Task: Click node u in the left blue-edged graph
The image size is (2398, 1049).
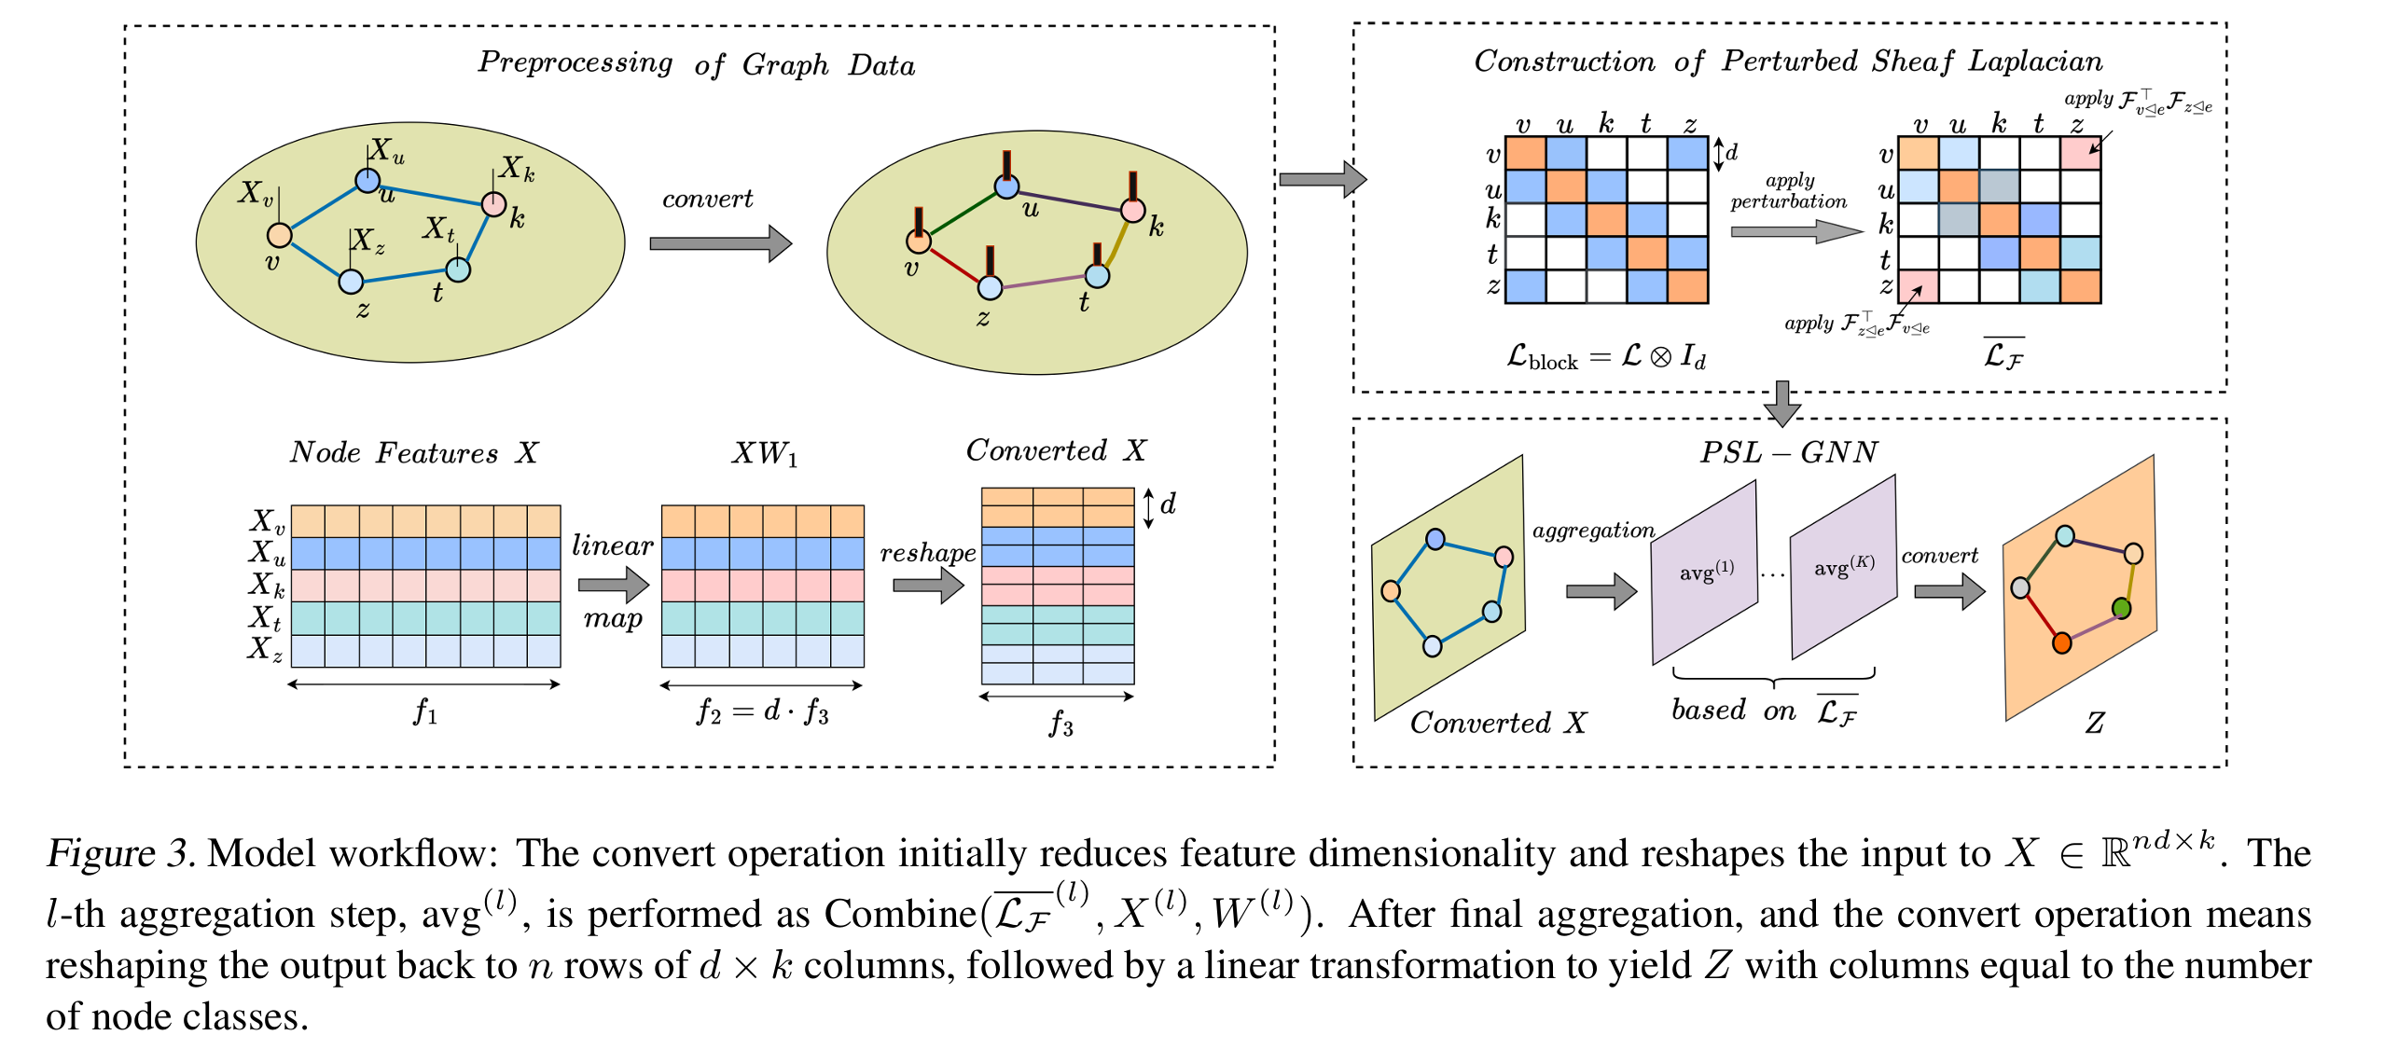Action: click(367, 180)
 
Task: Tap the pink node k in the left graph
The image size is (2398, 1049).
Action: click(493, 203)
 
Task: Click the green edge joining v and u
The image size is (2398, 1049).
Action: click(962, 213)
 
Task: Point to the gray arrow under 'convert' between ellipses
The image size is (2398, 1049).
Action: click(719, 243)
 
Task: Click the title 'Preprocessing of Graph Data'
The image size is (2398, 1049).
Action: click(696, 63)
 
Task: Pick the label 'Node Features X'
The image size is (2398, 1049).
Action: click(413, 452)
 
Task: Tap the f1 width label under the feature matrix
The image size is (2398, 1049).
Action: click(425, 712)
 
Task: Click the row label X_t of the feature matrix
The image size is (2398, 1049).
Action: click(265, 617)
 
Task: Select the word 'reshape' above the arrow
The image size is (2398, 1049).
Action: click(927, 553)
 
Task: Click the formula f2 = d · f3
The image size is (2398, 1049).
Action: click(762, 711)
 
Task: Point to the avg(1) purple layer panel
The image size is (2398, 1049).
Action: click(1705, 572)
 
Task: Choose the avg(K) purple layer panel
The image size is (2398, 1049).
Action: click(1843, 566)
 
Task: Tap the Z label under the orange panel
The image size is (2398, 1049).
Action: click(2095, 723)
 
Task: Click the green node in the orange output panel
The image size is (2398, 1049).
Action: click(2121, 608)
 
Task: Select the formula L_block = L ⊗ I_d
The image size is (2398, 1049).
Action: click(1606, 356)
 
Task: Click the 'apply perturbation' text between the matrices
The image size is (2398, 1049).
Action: click(1788, 191)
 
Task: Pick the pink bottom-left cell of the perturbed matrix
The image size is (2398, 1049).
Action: click(1918, 286)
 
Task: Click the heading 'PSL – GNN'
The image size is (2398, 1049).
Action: click(1788, 452)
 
